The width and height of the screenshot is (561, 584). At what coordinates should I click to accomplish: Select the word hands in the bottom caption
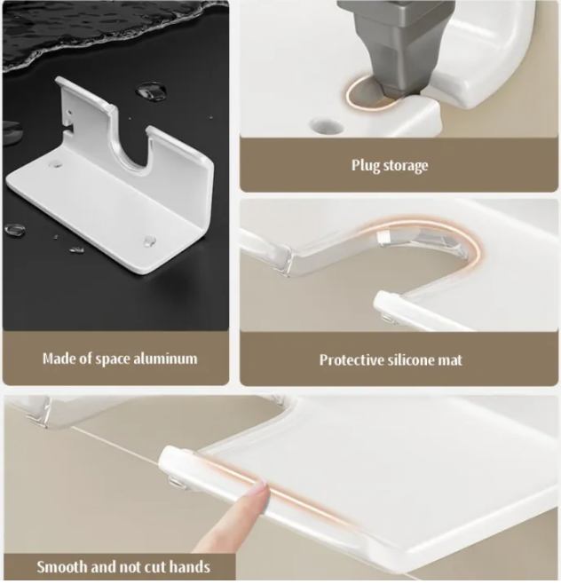click(189, 567)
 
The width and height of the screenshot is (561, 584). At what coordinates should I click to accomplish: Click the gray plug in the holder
click(401, 44)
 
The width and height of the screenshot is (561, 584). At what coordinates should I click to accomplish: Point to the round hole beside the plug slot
click(327, 126)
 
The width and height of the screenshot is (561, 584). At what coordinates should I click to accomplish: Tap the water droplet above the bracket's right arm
click(151, 91)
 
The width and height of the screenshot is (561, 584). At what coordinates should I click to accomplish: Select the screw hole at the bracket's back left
click(55, 163)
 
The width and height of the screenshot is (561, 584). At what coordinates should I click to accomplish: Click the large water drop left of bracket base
click(15, 229)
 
